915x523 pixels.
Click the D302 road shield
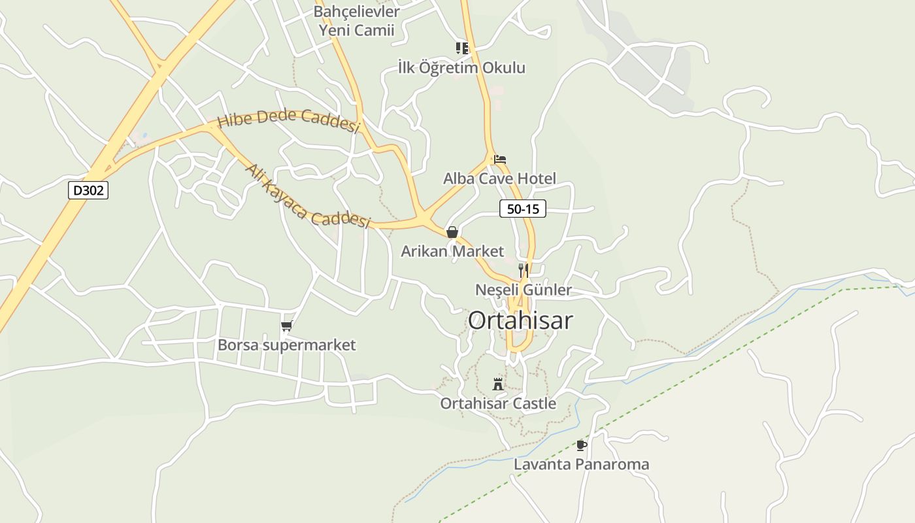[88, 190]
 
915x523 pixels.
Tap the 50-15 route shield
[522, 209]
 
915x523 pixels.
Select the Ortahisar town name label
[520, 320]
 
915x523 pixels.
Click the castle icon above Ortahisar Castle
[498, 384]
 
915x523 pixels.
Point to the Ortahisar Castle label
[498, 403]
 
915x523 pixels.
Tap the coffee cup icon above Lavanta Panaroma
[581, 445]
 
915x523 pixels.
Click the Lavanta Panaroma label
[582, 464]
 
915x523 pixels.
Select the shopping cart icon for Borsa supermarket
[286, 326]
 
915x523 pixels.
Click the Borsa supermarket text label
[286, 345]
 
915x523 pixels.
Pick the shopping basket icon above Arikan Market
[452, 232]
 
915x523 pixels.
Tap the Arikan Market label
[452, 251]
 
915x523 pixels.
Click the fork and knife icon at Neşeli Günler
[523, 270]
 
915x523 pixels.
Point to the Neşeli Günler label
[523, 290]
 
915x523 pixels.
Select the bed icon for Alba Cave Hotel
[500, 159]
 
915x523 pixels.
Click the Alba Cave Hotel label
[499, 178]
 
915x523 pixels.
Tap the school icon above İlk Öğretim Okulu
[462, 48]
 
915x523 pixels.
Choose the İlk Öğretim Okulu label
[461, 67]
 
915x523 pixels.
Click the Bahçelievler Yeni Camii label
[356, 20]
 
